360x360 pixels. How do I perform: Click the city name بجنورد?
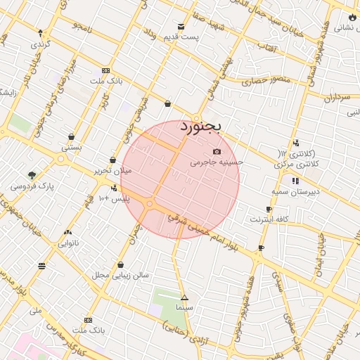[200, 127]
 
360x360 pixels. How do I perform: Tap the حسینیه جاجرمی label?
[217, 162]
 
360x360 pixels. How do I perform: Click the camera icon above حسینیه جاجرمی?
[217, 152]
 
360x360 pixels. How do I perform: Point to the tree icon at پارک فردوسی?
[32, 175]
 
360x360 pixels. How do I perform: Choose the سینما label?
[185, 308]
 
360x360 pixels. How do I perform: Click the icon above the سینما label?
[184, 297]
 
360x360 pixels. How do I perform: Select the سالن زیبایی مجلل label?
[120, 275]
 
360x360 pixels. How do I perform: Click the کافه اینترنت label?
[269, 219]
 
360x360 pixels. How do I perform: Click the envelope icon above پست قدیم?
[182, 27]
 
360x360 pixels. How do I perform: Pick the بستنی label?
[72, 148]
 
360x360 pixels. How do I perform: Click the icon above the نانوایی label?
[67, 233]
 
